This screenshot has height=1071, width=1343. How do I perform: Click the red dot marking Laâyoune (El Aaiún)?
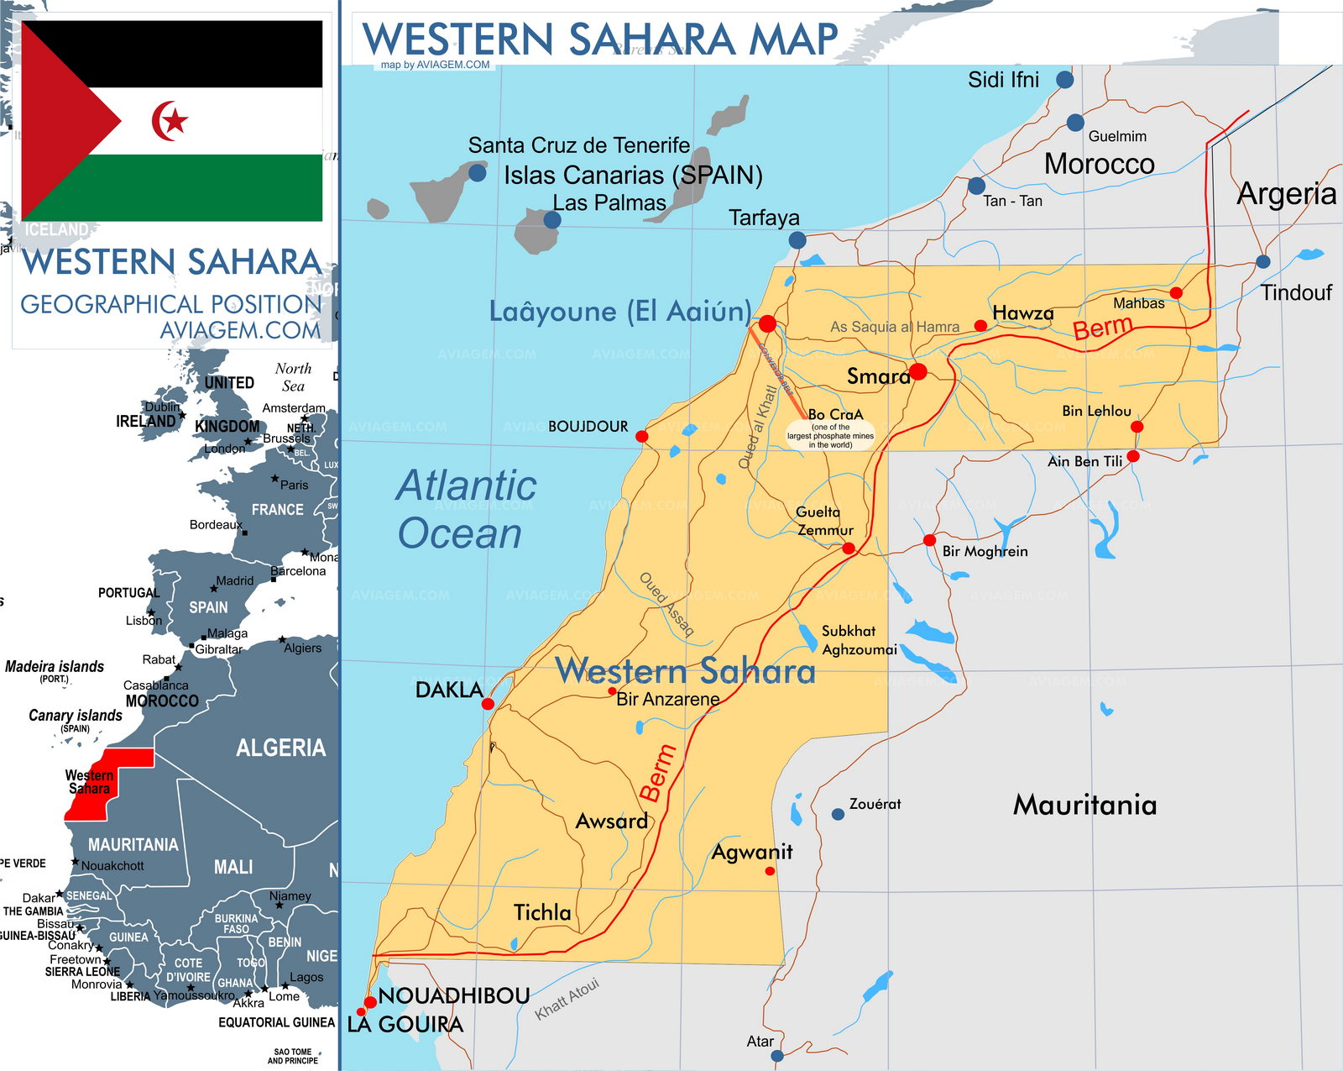[767, 324]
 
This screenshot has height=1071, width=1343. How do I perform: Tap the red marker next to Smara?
[918, 371]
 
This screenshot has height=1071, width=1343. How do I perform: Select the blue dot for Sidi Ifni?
[1065, 80]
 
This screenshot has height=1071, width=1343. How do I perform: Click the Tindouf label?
[1296, 292]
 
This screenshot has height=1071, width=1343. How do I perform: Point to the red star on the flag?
[175, 122]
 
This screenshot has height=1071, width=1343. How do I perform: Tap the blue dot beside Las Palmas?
[551, 220]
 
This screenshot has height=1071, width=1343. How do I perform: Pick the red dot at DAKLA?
[488, 704]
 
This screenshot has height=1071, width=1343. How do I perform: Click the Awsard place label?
[612, 821]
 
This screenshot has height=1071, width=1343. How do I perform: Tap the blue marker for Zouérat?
[838, 814]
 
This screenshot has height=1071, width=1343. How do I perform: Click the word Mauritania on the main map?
[1085, 805]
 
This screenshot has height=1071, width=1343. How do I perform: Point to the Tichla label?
[542, 912]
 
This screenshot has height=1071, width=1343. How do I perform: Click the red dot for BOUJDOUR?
[642, 436]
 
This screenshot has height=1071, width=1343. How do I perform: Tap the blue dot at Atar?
[777, 1055]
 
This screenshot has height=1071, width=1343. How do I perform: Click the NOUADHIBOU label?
[454, 995]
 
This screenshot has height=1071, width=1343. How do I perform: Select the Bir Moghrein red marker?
[929, 540]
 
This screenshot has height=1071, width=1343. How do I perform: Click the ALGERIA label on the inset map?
[280, 748]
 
